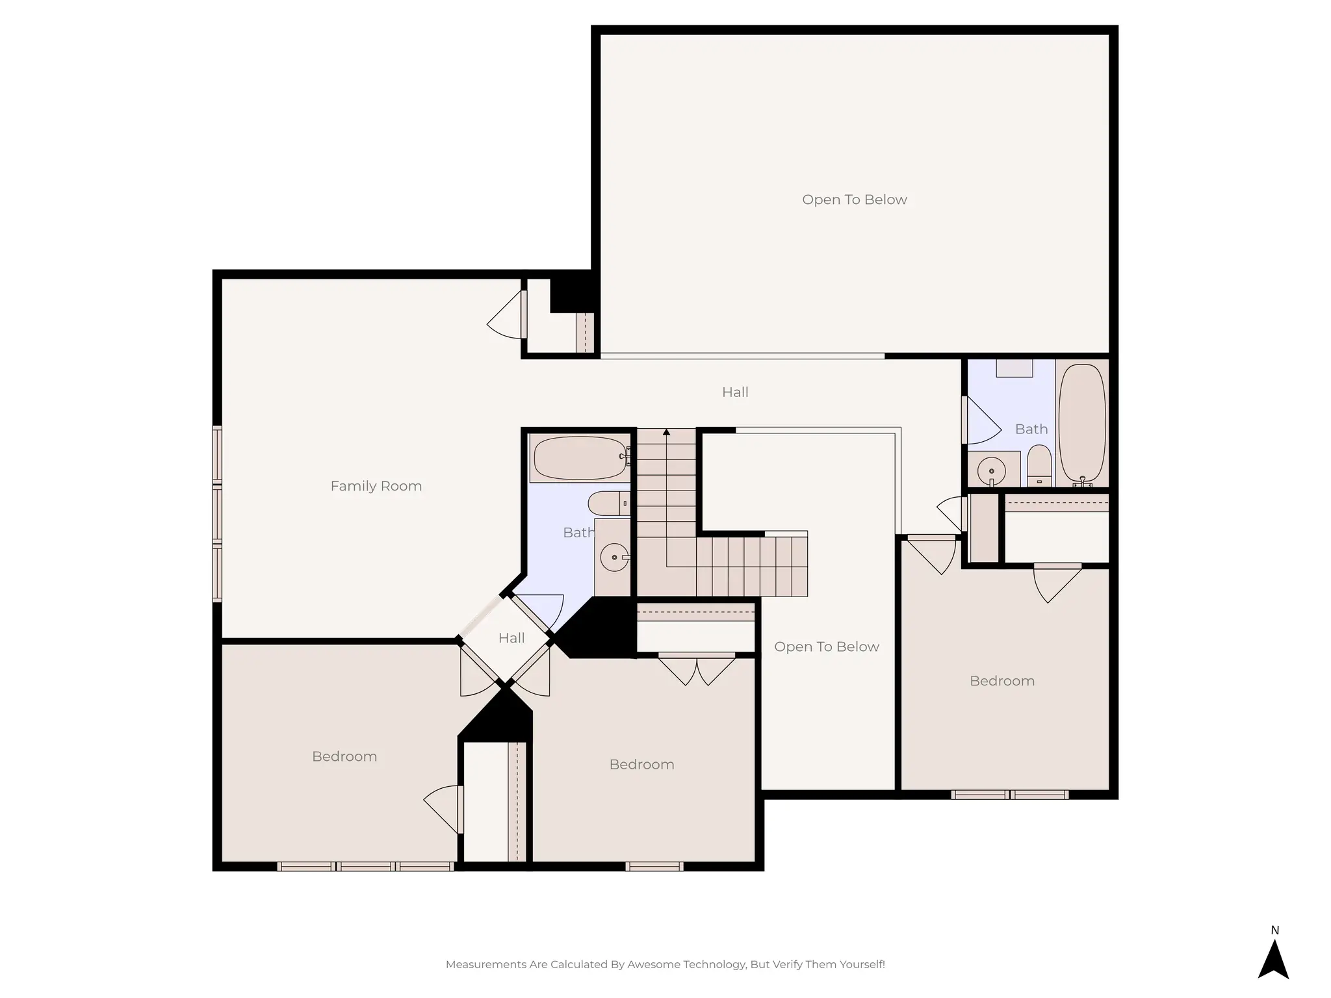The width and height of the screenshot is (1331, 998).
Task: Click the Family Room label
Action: (x=376, y=486)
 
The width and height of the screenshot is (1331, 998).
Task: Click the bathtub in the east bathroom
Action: (x=1081, y=422)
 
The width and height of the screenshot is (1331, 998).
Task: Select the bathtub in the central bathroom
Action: (x=580, y=458)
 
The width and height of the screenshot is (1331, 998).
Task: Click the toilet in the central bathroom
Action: (x=607, y=503)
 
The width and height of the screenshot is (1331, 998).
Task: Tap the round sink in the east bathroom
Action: (x=992, y=469)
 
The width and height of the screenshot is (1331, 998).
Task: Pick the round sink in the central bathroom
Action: (x=614, y=557)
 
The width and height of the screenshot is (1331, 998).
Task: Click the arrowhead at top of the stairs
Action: (x=666, y=432)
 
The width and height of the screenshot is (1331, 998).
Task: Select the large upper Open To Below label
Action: (x=854, y=199)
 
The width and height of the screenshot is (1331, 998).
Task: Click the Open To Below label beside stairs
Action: (x=826, y=646)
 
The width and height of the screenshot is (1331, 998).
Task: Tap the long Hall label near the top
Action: (x=735, y=392)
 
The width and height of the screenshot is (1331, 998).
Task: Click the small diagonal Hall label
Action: (x=511, y=638)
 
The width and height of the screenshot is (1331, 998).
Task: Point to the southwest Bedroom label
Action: (x=344, y=756)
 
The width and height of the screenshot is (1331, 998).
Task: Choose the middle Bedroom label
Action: (x=641, y=764)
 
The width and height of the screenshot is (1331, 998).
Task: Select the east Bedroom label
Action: (x=1001, y=681)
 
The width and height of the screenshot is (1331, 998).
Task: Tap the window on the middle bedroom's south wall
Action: (x=654, y=866)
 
